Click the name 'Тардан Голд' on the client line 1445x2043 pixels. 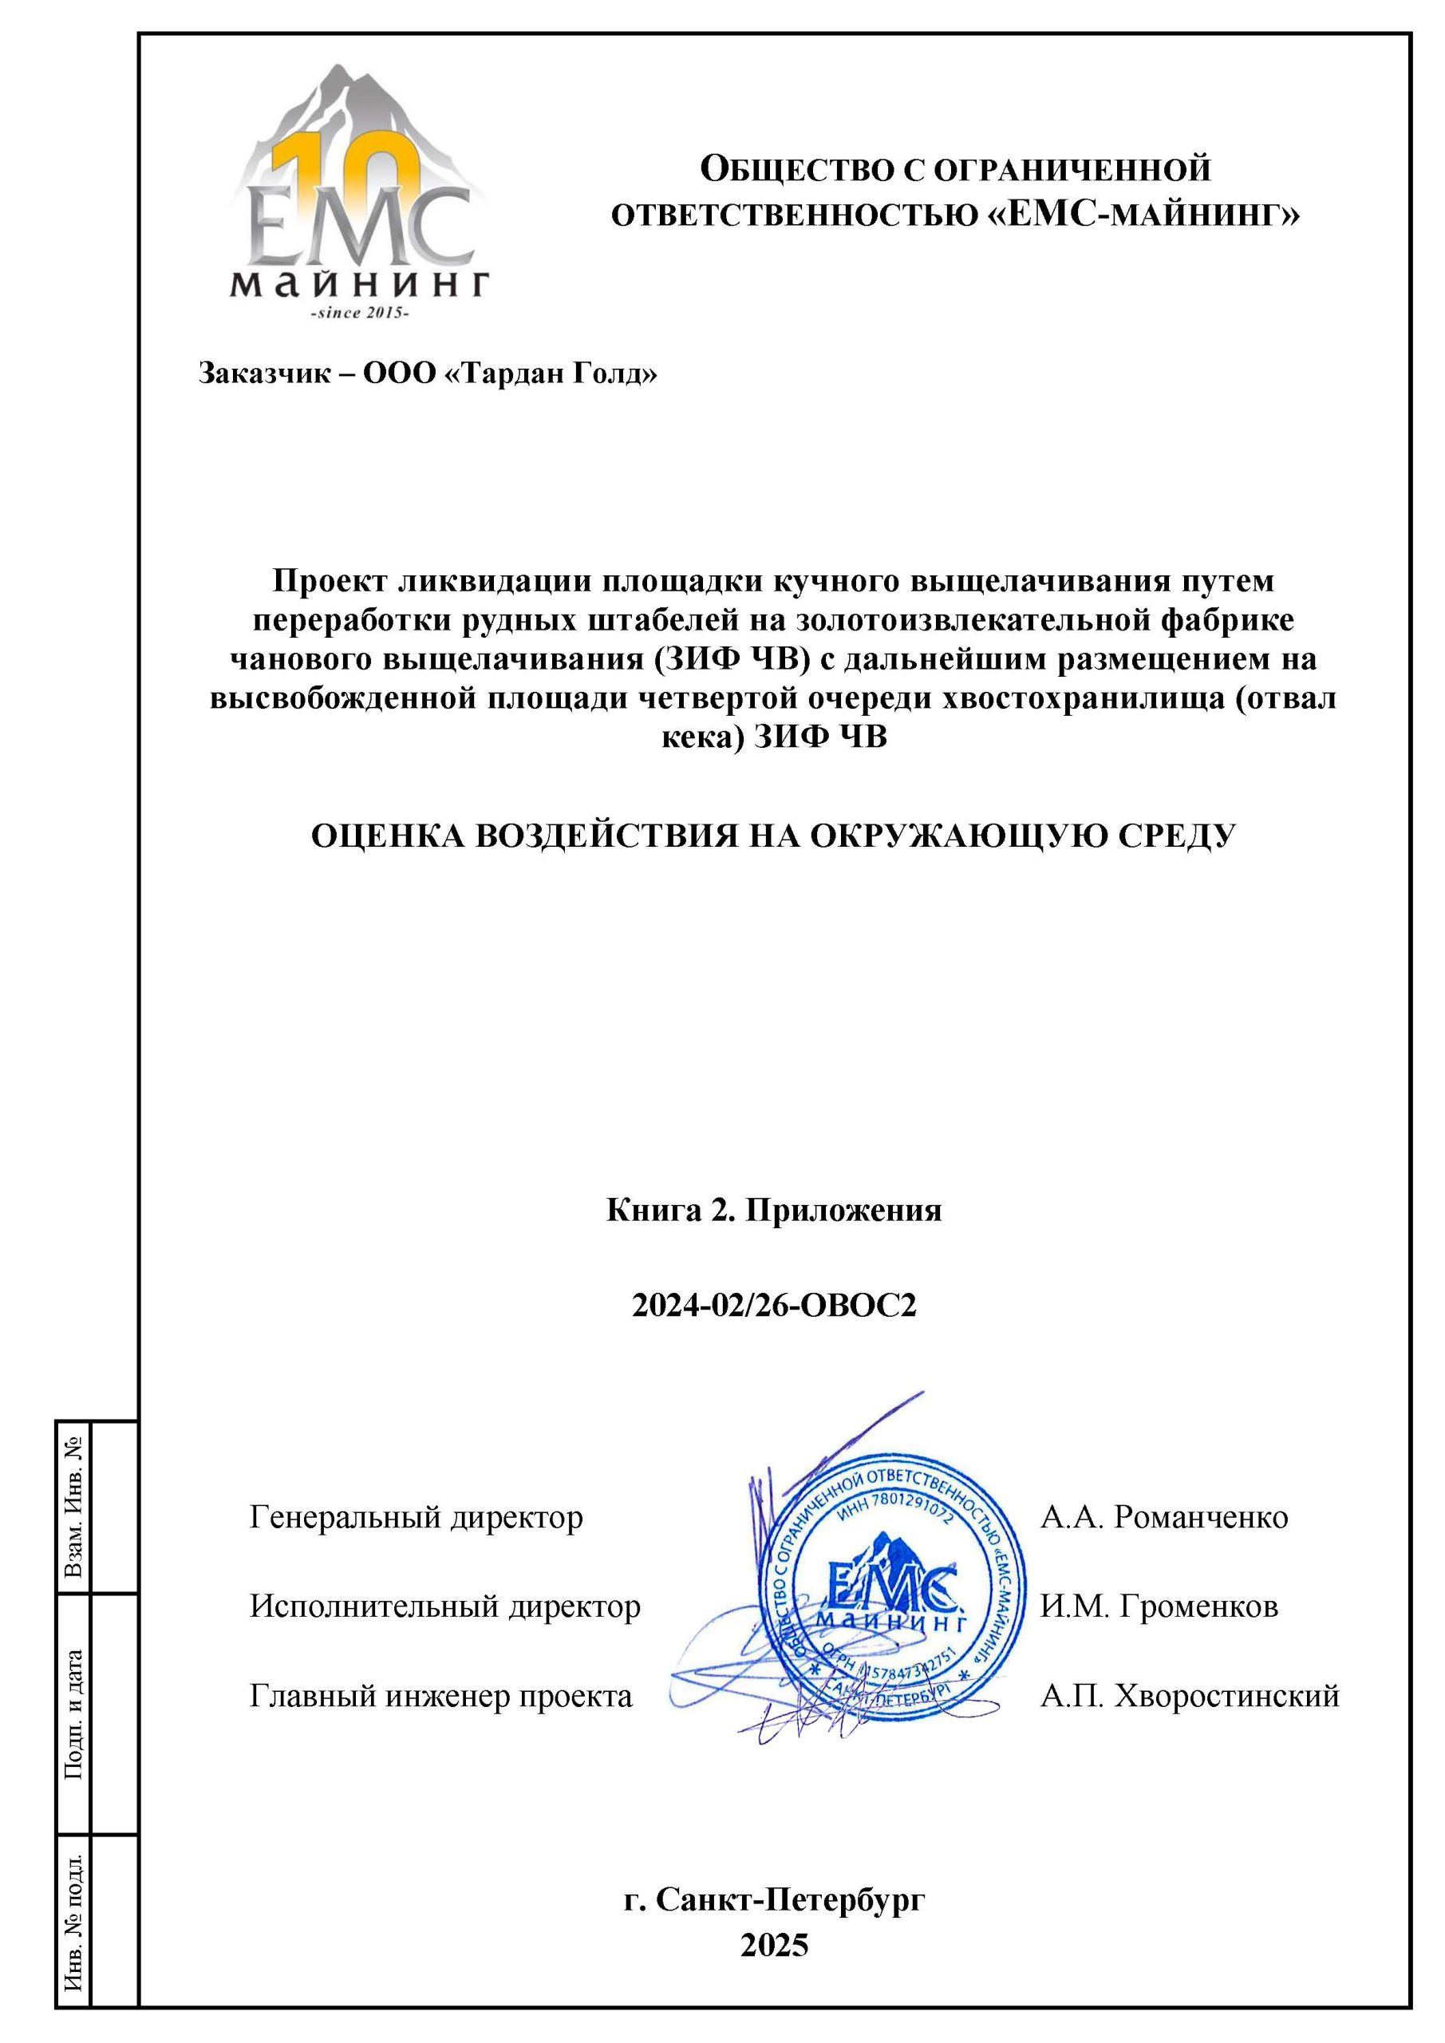point(551,373)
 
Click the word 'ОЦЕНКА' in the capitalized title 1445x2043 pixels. point(389,836)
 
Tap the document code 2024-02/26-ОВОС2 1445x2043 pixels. point(773,1306)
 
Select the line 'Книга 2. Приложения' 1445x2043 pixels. point(773,1210)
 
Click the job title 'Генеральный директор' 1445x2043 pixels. point(416,1517)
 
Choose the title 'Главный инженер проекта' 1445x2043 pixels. point(440,1696)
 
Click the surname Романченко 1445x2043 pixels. point(1200,1517)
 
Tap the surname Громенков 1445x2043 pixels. point(1198,1606)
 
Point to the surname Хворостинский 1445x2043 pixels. point(1226,1696)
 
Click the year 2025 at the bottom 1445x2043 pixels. point(773,1945)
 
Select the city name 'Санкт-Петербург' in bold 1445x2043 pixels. point(790,1899)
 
